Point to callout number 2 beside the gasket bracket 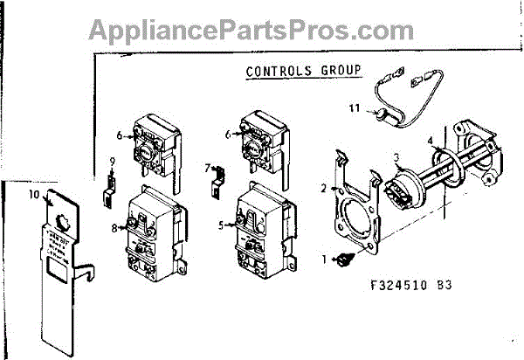tap(322, 188)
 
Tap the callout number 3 tap(396, 157)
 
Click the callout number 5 tap(223, 225)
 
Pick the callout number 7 tap(207, 165)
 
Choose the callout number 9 tap(112, 161)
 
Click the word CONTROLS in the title tap(277, 72)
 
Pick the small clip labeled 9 tap(110, 187)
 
